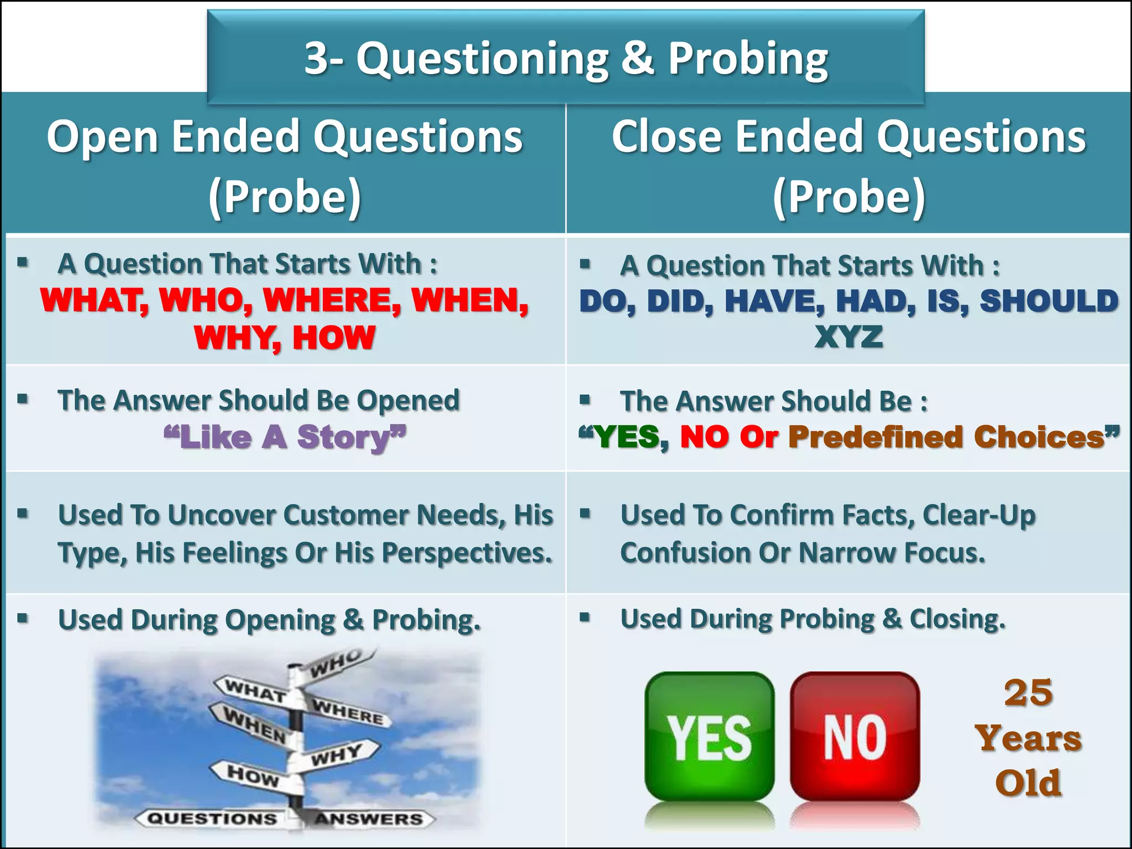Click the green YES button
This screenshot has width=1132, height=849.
pyautogui.click(x=709, y=737)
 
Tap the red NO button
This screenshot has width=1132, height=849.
pyautogui.click(x=855, y=737)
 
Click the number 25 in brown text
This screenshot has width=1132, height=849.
pyautogui.click(x=1028, y=693)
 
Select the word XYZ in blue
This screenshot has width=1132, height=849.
pyautogui.click(x=848, y=337)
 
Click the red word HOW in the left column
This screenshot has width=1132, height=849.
pyautogui.click(x=334, y=338)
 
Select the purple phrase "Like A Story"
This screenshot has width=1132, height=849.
pyautogui.click(x=285, y=437)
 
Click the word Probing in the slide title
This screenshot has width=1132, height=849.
pyautogui.click(x=748, y=59)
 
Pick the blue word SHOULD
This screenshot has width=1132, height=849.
pyautogui.click(x=1049, y=301)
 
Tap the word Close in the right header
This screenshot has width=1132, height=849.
pyautogui.click(x=665, y=137)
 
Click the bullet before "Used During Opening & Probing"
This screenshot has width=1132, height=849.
pyautogui.click(x=23, y=618)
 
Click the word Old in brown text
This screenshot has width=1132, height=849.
pyautogui.click(x=1028, y=783)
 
